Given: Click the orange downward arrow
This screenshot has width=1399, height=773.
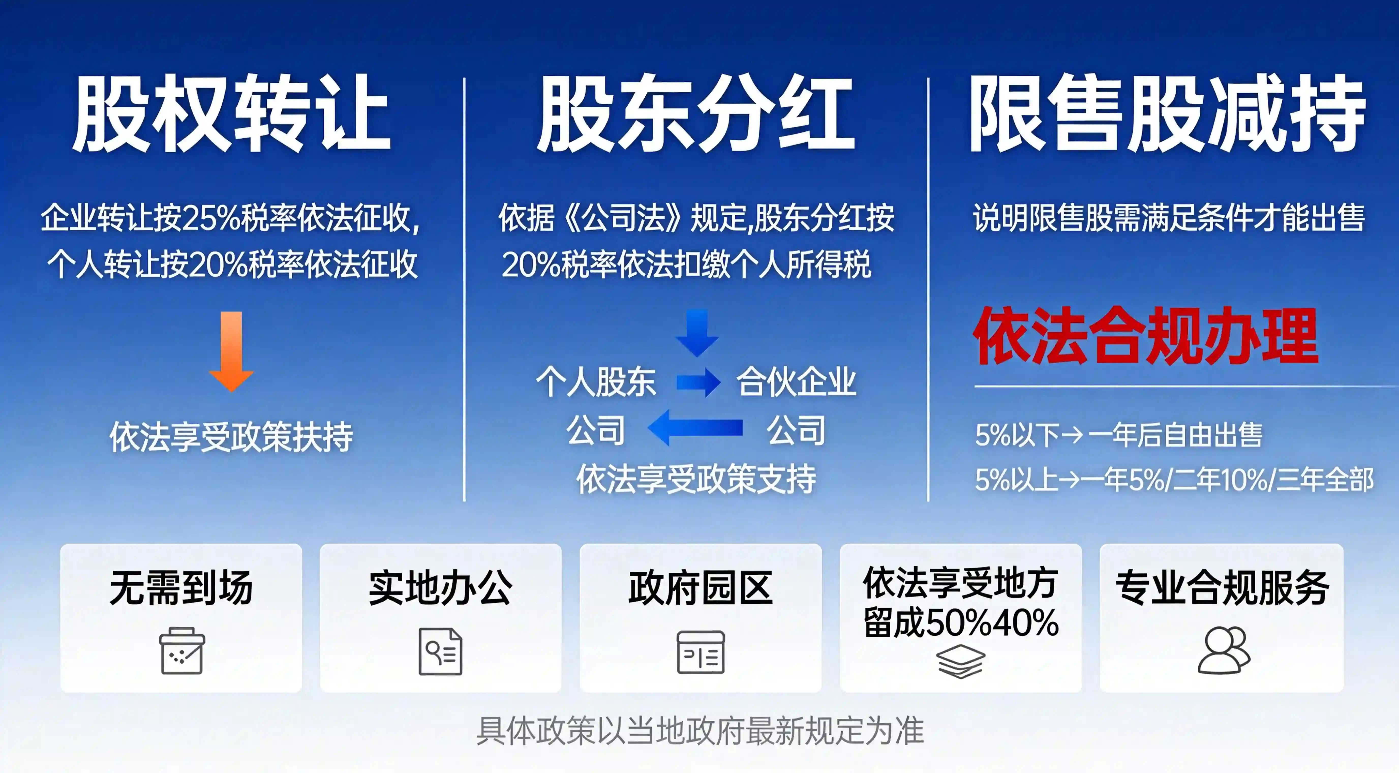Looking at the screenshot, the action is point(231,351).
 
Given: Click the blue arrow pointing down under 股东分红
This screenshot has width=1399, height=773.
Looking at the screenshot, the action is point(697,332).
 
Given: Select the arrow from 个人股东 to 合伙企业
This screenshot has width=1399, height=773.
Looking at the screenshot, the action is point(698,382).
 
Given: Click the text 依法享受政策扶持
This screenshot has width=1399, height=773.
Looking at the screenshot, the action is point(231,437).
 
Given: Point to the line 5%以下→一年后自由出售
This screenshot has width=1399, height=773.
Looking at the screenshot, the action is point(1119,435).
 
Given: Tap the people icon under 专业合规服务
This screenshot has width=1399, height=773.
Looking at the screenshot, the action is point(1224,651).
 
